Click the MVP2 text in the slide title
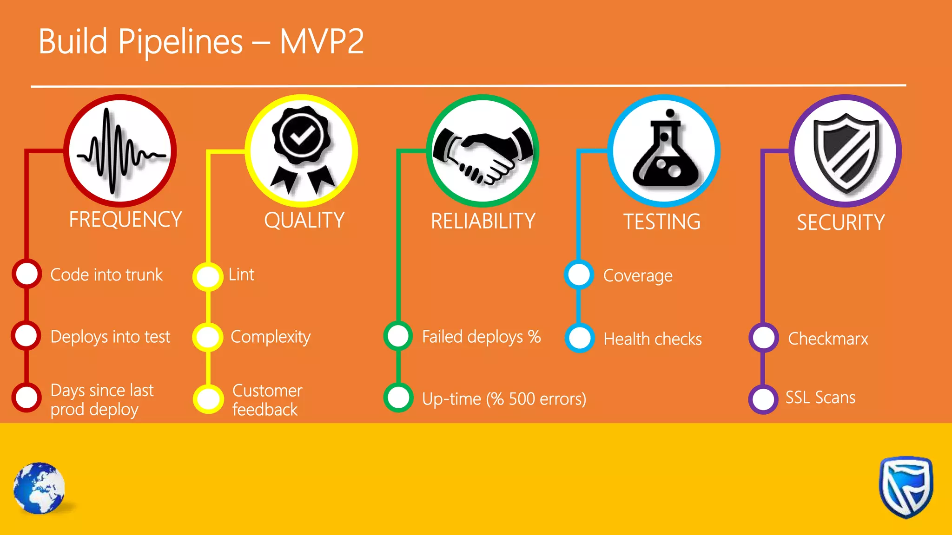[322, 42]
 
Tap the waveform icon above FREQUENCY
[120, 151]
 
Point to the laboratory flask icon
[665, 151]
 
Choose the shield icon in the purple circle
[846, 152]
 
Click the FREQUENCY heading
[125, 220]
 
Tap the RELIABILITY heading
[483, 221]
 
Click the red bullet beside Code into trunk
[27, 274]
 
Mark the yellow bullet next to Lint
[208, 276]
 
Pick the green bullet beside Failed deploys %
[398, 336]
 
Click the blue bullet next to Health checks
[579, 338]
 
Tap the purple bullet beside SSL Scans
[763, 399]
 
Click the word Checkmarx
[827, 339]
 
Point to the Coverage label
[637, 276]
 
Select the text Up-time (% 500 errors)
[504, 399]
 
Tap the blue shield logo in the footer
[906, 487]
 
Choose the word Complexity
[271, 337]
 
